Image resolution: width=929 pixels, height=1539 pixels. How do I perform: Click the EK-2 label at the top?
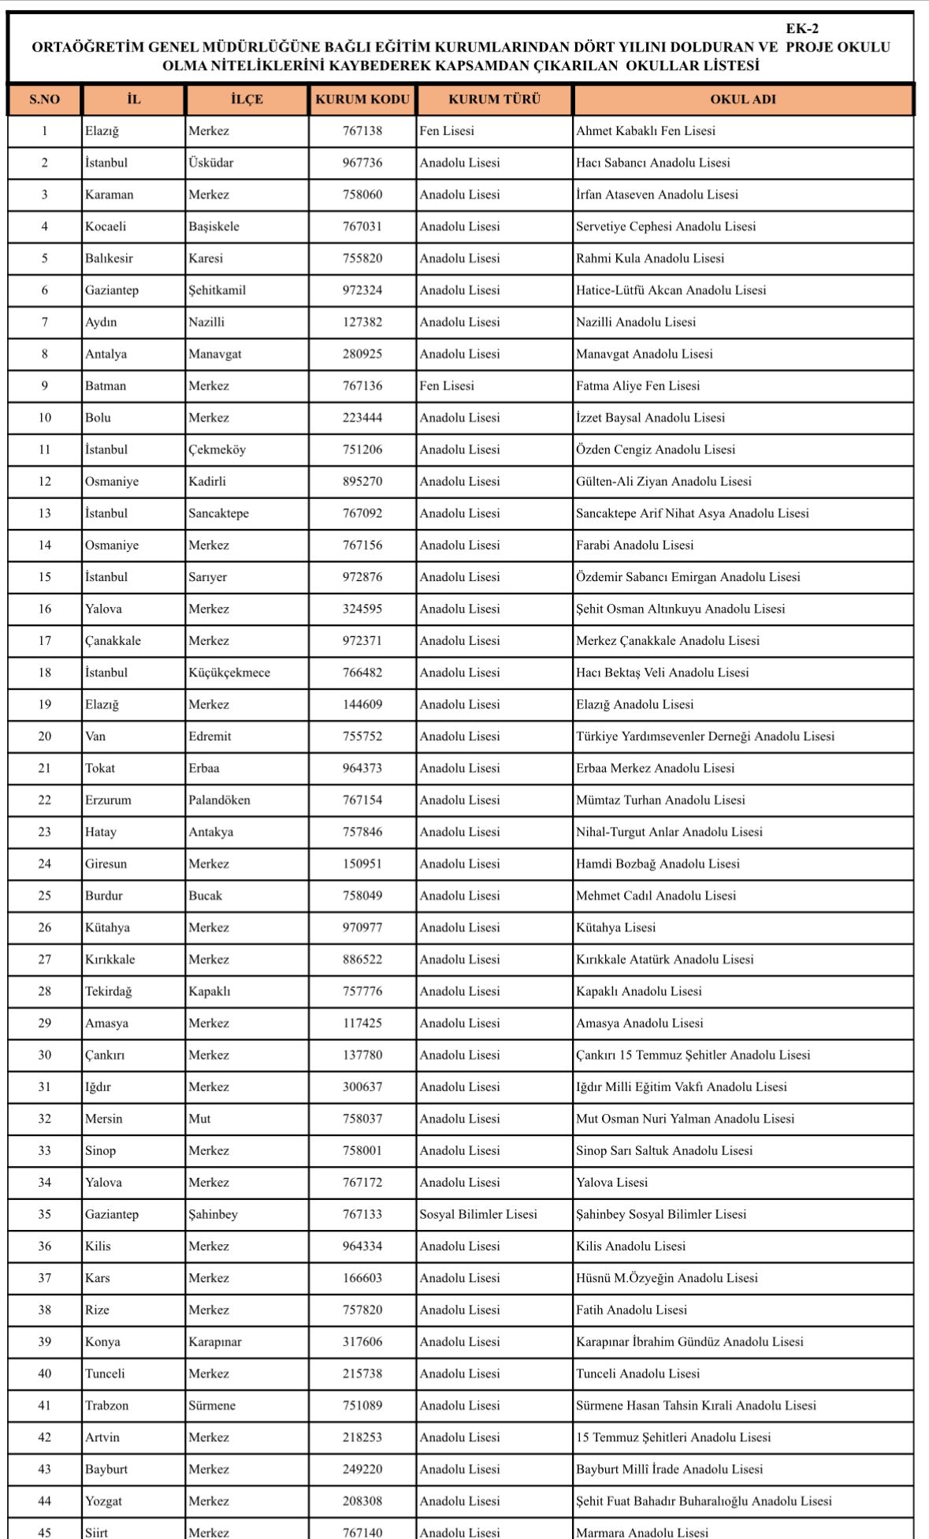pos(801,28)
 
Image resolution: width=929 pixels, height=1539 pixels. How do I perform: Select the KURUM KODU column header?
pos(362,100)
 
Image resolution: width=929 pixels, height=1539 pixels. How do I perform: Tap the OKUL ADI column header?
pos(742,100)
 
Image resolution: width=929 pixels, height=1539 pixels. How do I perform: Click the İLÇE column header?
pos(247,100)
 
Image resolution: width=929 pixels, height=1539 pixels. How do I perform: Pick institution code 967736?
pos(362,163)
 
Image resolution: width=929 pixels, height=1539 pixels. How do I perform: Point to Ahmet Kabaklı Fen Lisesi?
pos(645,131)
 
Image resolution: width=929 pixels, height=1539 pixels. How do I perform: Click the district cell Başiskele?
pos(214,227)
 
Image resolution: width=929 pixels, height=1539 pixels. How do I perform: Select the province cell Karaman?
pos(110,195)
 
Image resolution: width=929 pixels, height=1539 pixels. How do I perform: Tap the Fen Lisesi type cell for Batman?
pos(447,386)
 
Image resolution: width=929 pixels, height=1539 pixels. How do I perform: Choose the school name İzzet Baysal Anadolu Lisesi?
pos(650,418)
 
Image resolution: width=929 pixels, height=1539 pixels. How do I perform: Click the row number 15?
pos(45,577)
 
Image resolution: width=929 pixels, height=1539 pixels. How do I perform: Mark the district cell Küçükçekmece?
pos(229,673)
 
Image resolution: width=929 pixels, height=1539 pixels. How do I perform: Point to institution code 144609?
pos(362,705)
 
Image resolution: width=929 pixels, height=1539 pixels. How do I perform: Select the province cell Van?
pos(95,736)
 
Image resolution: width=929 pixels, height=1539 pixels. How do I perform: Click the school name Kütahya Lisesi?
pos(615,928)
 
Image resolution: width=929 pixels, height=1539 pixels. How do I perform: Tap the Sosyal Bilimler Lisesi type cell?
pos(478,1215)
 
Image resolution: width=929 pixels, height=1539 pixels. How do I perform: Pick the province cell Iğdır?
pos(98,1087)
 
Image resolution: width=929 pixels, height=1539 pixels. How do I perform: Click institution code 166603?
pos(362,1278)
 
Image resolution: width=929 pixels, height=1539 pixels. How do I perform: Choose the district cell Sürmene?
pos(212,1406)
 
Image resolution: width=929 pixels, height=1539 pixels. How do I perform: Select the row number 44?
pos(45,1501)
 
